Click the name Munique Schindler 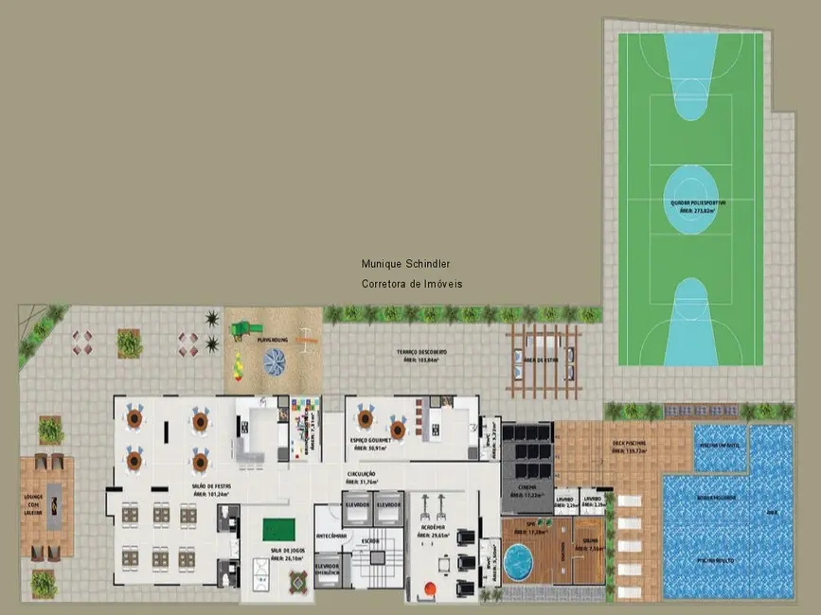click(405, 265)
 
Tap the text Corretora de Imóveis click(412, 284)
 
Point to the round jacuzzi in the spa click(519, 561)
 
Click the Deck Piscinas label click(628, 446)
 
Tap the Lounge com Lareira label click(34, 499)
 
